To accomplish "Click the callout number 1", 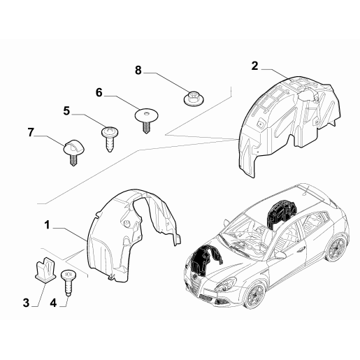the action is [48, 225].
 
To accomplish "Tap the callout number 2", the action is [255, 66].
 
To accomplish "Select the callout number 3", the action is [26, 303].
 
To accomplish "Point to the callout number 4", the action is [53, 303].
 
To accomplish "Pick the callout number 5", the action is [66, 110].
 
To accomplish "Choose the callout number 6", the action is [99, 93].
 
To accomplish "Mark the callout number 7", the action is [31, 132].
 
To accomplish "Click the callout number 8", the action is [138, 70].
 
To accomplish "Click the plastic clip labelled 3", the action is [45, 269].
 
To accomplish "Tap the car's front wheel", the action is [254, 295].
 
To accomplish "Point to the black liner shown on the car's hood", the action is [205, 261].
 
